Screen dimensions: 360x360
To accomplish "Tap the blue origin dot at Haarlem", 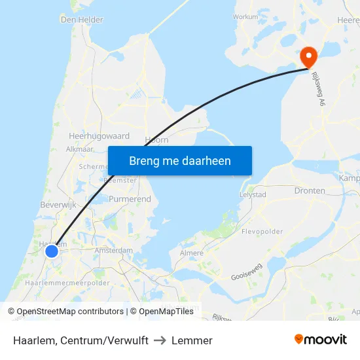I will pyautogui.click(x=52, y=251).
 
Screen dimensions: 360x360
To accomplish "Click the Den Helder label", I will pyautogui.click(x=82, y=20).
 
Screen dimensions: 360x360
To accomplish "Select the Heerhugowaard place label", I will pyautogui.click(x=99, y=136).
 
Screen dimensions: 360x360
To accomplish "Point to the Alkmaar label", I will pyautogui.click(x=80, y=149).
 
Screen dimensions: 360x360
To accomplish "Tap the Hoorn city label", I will pyautogui.click(x=157, y=139).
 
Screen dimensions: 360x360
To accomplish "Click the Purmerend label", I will pyautogui.click(x=130, y=199).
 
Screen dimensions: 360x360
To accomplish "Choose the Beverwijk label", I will pyautogui.click(x=59, y=205).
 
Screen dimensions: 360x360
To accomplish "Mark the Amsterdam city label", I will pyautogui.click(x=113, y=251).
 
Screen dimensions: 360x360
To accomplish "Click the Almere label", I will pyautogui.click(x=191, y=253).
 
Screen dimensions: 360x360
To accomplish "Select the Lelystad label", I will pyautogui.click(x=253, y=195).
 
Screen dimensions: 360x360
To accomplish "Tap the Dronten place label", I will pyautogui.click(x=310, y=191).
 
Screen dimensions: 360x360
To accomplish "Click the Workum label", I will pyautogui.click(x=245, y=16).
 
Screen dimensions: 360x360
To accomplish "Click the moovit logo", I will pyautogui.click(x=320, y=339).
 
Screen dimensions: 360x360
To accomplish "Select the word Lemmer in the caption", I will pyautogui.click(x=192, y=340).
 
